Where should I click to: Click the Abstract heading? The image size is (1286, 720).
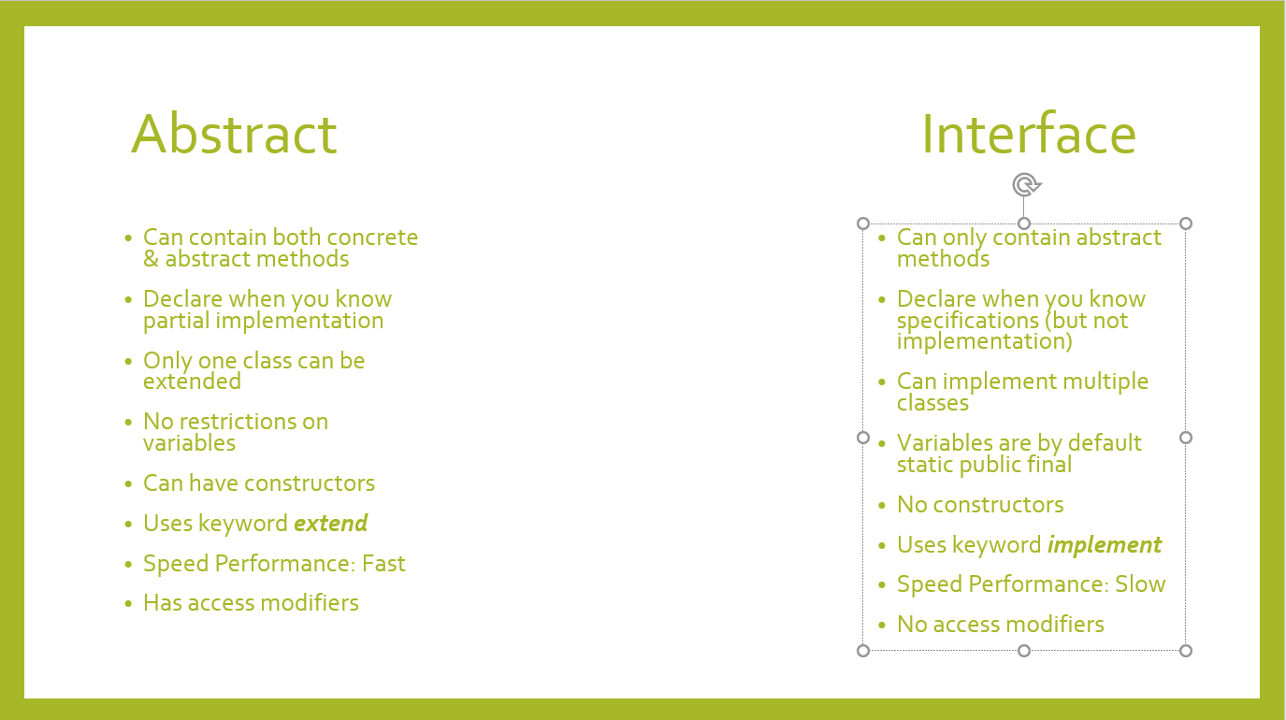234,135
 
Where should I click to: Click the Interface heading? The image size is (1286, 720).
1029,135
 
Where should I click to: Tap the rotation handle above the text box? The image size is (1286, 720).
1026,185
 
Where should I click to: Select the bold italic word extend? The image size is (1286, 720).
331,523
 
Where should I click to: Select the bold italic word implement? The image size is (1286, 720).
1104,545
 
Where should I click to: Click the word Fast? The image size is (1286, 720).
383,563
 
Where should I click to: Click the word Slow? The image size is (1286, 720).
1140,583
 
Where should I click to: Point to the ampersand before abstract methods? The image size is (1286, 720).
151,259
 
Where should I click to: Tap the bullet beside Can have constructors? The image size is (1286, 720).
128,484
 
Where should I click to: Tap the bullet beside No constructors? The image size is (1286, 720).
882,505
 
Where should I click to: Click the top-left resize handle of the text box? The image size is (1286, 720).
863,223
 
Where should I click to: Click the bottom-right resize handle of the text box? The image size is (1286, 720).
1186,651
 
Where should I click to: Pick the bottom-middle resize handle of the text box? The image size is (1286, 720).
1024,651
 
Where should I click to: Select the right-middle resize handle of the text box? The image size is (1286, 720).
1186,438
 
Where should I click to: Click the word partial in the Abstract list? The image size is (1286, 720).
176,321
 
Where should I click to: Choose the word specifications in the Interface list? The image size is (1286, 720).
968,321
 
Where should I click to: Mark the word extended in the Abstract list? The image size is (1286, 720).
193,382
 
